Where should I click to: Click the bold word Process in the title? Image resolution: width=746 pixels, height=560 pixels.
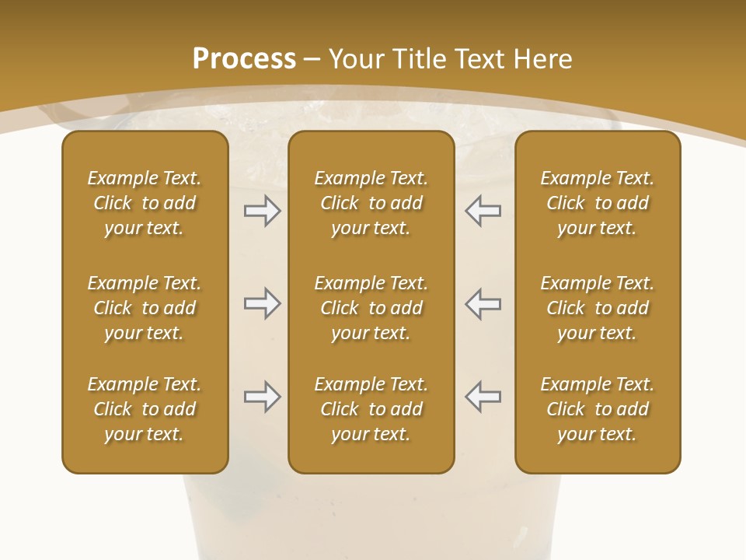244,59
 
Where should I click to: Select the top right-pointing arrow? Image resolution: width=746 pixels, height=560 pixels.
262,211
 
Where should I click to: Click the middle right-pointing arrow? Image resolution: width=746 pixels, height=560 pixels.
262,303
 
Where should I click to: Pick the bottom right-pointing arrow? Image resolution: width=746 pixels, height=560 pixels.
262,397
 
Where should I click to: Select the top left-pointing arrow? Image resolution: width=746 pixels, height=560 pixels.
483,211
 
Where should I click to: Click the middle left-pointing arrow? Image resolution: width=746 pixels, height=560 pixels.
483,303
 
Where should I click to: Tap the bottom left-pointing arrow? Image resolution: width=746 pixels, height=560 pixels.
483,397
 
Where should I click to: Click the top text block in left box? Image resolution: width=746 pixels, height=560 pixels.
145,203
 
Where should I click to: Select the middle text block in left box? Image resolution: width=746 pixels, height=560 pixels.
145,308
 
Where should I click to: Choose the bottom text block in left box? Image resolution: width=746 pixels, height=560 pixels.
145,409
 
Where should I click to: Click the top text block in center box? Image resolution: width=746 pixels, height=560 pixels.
371,203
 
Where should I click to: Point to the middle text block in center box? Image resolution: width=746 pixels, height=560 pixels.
371,308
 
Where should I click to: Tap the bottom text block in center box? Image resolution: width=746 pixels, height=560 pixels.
371,409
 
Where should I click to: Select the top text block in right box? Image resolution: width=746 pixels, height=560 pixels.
597,203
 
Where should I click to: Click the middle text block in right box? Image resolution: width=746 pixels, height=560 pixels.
597,308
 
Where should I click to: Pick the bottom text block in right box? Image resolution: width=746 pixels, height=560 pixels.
597,409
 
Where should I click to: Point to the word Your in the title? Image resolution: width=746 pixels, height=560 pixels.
357,59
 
